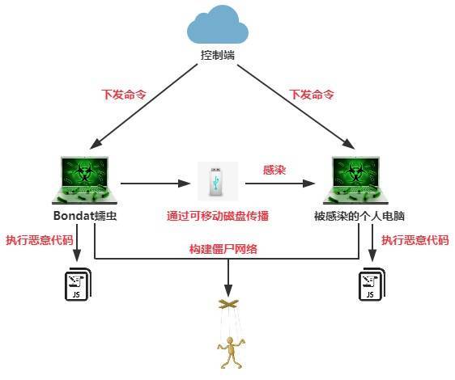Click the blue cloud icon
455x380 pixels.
[x=218, y=25]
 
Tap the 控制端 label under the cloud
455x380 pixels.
[x=218, y=55]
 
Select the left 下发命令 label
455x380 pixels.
[x=124, y=95]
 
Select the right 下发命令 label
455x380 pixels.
[x=312, y=95]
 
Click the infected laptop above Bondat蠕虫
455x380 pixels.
[x=84, y=180]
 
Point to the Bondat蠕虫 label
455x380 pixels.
[x=85, y=216]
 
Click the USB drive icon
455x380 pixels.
[x=218, y=181]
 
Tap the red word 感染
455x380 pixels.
[x=274, y=170]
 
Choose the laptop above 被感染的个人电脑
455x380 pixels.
[x=355, y=180]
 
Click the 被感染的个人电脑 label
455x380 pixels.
[x=359, y=216]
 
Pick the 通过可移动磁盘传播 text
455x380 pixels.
[x=218, y=216]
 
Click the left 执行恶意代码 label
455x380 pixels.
[x=40, y=240]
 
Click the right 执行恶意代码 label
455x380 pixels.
[x=415, y=240]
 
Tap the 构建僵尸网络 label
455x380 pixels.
[x=223, y=249]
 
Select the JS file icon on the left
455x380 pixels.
[x=78, y=285]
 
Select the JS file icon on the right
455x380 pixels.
[x=372, y=285]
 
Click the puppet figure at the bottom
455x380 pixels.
[x=231, y=353]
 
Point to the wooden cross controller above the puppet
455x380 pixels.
[x=228, y=304]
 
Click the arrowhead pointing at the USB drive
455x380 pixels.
[x=184, y=184]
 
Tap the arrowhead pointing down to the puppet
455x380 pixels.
[x=228, y=291]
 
